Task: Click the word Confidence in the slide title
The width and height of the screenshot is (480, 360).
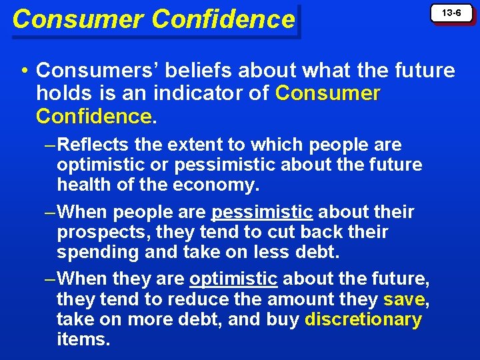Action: (223, 19)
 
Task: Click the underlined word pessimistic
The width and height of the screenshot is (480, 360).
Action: (262, 213)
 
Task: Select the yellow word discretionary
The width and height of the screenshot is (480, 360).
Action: (363, 319)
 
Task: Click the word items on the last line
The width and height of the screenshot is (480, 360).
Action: (82, 339)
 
